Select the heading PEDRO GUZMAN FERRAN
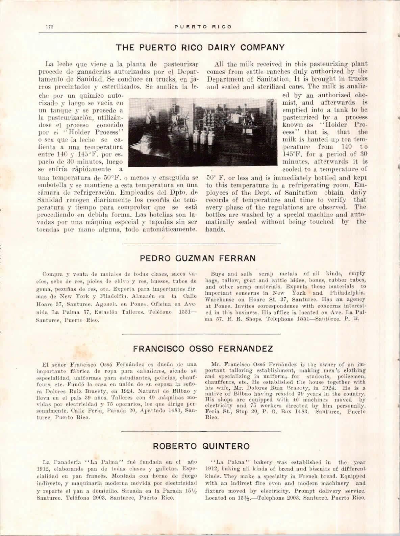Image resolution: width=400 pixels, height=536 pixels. click(x=198, y=259)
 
